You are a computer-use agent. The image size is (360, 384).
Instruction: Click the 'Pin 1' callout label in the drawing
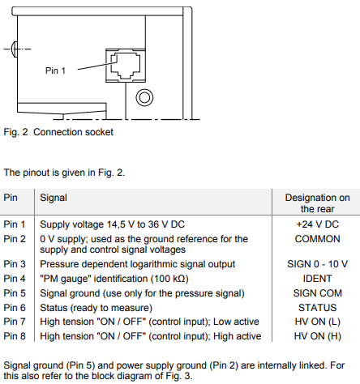click(55, 70)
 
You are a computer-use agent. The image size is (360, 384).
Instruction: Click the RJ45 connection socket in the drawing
click(126, 66)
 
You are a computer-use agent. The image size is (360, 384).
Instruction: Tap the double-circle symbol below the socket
click(144, 97)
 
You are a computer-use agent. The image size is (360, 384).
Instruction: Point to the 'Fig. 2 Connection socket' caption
click(58, 132)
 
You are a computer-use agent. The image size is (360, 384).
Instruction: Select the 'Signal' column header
click(54, 198)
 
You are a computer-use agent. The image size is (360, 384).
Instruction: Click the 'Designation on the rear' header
click(317, 203)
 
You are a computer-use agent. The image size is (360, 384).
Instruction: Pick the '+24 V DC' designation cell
click(318, 224)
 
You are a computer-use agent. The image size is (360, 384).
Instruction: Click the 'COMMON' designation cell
click(318, 239)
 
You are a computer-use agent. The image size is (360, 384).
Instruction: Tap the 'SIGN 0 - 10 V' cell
click(318, 264)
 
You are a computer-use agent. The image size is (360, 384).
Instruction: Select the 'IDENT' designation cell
click(318, 279)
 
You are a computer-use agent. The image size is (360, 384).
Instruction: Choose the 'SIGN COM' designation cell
click(318, 293)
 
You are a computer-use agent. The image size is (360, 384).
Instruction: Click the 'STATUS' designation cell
click(318, 308)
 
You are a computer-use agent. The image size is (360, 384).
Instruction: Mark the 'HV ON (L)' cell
click(318, 322)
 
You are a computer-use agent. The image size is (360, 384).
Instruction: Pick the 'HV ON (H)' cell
click(318, 336)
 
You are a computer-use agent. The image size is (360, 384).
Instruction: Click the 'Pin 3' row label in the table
click(15, 264)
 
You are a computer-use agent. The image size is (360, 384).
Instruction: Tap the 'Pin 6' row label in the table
click(15, 308)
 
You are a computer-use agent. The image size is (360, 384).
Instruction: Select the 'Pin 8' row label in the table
click(15, 336)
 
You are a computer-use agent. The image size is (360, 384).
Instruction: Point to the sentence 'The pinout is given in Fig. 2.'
click(64, 173)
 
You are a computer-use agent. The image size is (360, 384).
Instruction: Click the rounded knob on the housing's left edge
click(15, 49)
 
